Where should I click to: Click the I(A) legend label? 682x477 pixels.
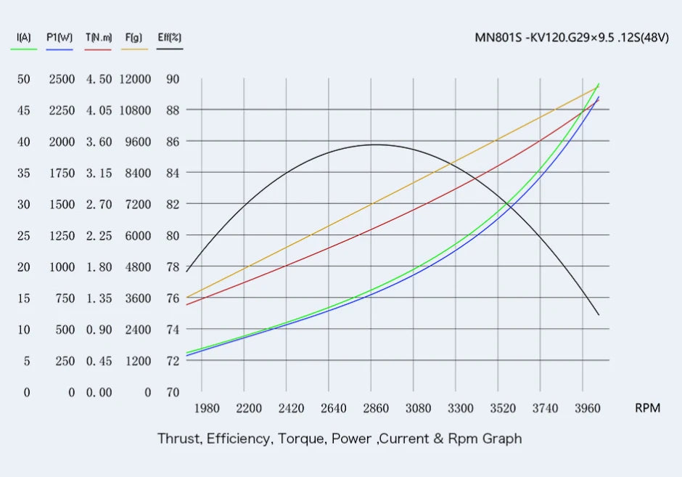24,36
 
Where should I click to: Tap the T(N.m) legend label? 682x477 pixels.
99,36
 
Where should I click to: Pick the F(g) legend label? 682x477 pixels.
134,36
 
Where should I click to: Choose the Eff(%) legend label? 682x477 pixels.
170,36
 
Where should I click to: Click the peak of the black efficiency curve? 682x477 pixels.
375,144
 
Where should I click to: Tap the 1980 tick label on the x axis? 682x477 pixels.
207,409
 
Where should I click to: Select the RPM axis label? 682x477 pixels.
647,408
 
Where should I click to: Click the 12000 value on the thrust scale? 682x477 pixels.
136,79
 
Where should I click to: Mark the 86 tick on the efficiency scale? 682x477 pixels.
173,142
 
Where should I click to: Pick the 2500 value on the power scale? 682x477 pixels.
62,79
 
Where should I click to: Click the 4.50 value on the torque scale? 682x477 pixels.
99,79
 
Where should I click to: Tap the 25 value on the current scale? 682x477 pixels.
24,236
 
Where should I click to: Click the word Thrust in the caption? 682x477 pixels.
179,439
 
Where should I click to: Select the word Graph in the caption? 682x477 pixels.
502,439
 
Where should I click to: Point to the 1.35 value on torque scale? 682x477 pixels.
99,298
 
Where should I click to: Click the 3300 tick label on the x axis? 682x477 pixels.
461,409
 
